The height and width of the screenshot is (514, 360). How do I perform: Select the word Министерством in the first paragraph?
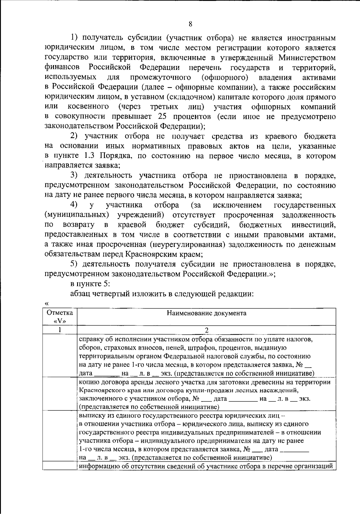(x=307, y=57)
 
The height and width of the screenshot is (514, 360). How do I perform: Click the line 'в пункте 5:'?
(x=87, y=284)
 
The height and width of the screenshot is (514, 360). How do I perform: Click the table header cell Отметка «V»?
(x=60, y=317)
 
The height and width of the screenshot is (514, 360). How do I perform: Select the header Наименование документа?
(x=206, y=314)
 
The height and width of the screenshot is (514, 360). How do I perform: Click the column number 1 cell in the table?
(x=60, y=330)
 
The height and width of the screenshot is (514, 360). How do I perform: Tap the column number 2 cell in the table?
(x=206, y=330)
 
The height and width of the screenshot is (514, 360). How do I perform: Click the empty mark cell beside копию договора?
(x=60, y=394)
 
